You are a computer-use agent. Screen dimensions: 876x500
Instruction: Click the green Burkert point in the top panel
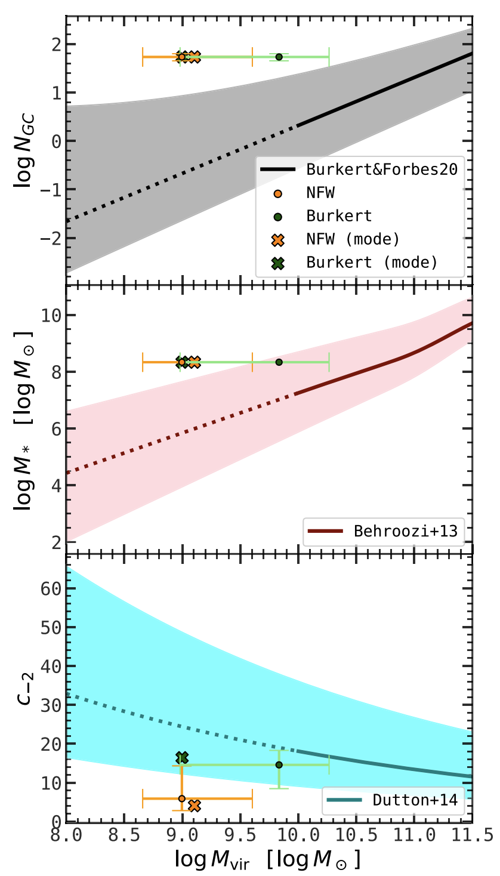[x=279, y=57]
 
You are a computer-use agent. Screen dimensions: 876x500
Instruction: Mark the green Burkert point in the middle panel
[x=279, y=362]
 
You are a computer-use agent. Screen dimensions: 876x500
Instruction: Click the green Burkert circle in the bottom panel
[x=279, y=764]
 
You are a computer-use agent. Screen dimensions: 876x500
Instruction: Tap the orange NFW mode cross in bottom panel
[x=194, y=806]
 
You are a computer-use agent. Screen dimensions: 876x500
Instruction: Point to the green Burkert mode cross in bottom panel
[x=182, y=757]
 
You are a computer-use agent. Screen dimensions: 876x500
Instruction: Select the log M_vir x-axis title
[x=268, y=859]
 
